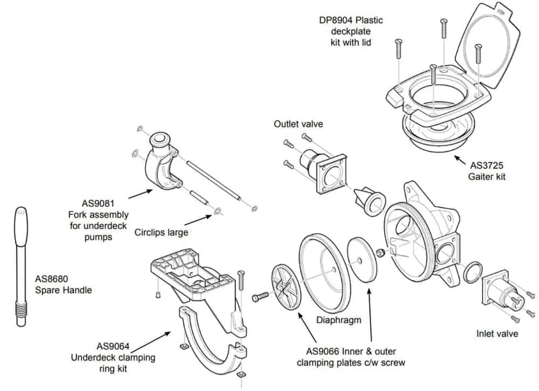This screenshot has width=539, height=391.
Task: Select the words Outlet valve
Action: (298, 124)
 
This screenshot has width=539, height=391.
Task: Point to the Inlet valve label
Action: (497, 334)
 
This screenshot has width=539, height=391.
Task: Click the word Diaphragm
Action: (338, 320)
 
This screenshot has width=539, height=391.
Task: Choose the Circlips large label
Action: (161, 232)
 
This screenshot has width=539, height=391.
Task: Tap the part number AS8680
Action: (53, 279)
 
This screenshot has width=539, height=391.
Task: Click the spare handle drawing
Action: (20, 264)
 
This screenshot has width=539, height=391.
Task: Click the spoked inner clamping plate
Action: (287, 287)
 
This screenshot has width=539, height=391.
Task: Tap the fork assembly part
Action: (162, 164)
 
